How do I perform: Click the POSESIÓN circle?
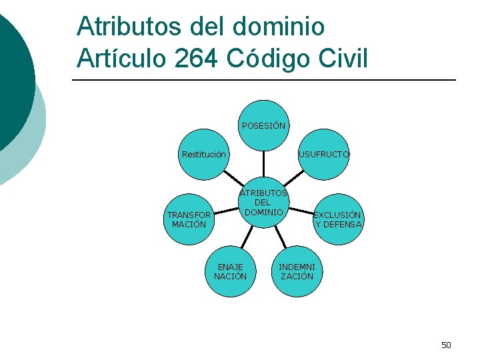pos(264,125)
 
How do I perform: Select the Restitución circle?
pos(204,155)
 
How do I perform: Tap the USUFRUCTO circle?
pos(324,155)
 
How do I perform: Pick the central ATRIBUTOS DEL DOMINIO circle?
pos(264,203)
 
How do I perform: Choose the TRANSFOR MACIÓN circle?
pos(189,219)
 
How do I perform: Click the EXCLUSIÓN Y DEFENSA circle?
pos(338,219)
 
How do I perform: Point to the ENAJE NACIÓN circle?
pos(230,271)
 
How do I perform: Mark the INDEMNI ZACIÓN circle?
pos(297,271)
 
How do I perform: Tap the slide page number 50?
pos(446,345)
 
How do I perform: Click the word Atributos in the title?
pos(133,27)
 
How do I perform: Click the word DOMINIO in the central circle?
pos(265,212)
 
